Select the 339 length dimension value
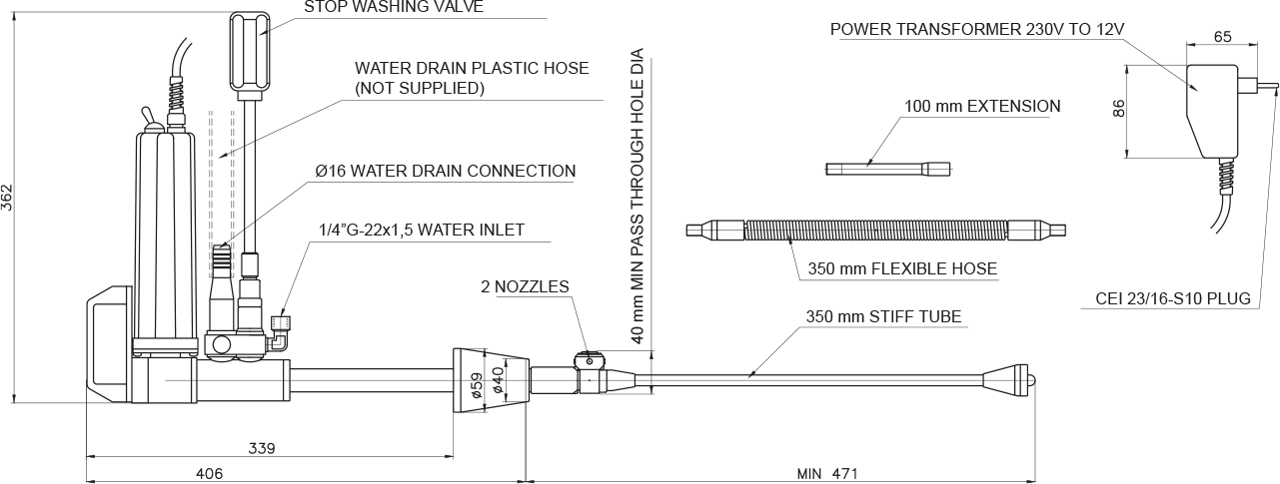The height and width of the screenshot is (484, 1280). coord(262,447)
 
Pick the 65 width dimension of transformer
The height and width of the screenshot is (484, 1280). coord(1221,37)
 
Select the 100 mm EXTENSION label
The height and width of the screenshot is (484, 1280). coord(982,106)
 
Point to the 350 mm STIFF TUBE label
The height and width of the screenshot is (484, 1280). coord(883,318)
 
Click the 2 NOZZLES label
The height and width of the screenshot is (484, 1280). coord(525,287)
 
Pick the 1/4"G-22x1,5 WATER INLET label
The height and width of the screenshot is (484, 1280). coord(420,231)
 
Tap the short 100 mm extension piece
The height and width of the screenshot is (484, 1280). coord(888,169)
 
